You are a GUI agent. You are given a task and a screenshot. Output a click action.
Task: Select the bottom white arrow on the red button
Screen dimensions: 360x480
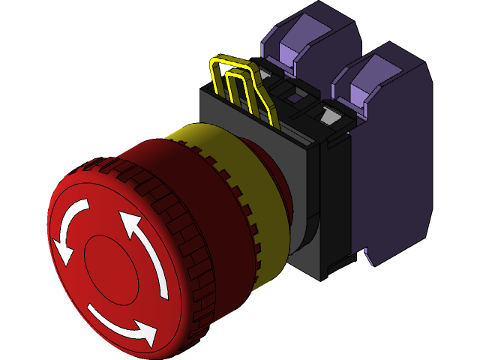pyautogui.click(x=120, y=320)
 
